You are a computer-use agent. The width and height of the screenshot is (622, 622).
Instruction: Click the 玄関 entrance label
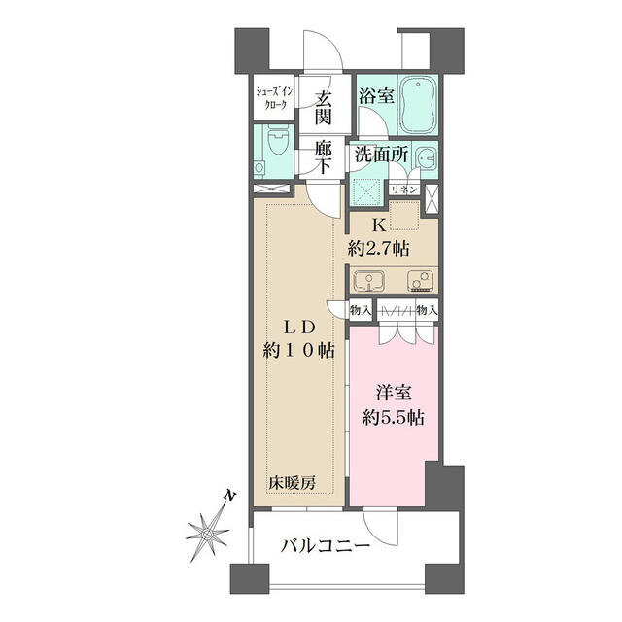pyautogui.click(x=324, y=108)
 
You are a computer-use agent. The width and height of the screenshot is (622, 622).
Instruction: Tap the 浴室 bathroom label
pyautogui.click(x=376, y=96)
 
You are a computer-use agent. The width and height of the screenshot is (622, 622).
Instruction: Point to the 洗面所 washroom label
pyautogui.click(x=381, y=154)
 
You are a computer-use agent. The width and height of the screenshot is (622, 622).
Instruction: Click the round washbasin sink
pyautogui.click(x=426, y=158)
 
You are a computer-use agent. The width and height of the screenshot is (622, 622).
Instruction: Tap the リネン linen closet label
pyautogui.click(x=404, y=190)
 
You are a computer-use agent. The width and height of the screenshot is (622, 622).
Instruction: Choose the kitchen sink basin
pyautogui.click(x=368, y=281)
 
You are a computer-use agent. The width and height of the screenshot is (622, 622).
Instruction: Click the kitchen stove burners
pyautogui.click(x=420, y=281)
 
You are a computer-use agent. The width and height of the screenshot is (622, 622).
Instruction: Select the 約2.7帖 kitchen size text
pyautogui.click(x=379, y=249)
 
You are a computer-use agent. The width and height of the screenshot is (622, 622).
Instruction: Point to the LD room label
pyautogui.click(x=298, y=328)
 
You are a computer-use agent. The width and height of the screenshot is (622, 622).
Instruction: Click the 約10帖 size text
pyautogui.click(x=298, y=351)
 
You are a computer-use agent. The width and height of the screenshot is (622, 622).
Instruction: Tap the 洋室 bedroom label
pyautogui.click(x=394, y=394)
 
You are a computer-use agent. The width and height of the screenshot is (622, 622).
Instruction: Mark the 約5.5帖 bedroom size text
pyautogui.click(x=393, y=418)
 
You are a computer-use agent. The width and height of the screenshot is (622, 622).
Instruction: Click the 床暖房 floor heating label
pyautogui.click(x=293, y=483)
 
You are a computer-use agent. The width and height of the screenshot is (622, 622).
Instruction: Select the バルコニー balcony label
pyautogui.click(x=326, y=546)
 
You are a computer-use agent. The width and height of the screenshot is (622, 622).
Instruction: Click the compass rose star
pyautogui.click(x=207, y=534)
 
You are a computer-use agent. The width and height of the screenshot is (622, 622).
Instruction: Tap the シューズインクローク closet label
pyautogui.click(x=274, y=97)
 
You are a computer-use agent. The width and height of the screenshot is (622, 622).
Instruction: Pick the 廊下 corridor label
pyautogui.click(x=324, y=157)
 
